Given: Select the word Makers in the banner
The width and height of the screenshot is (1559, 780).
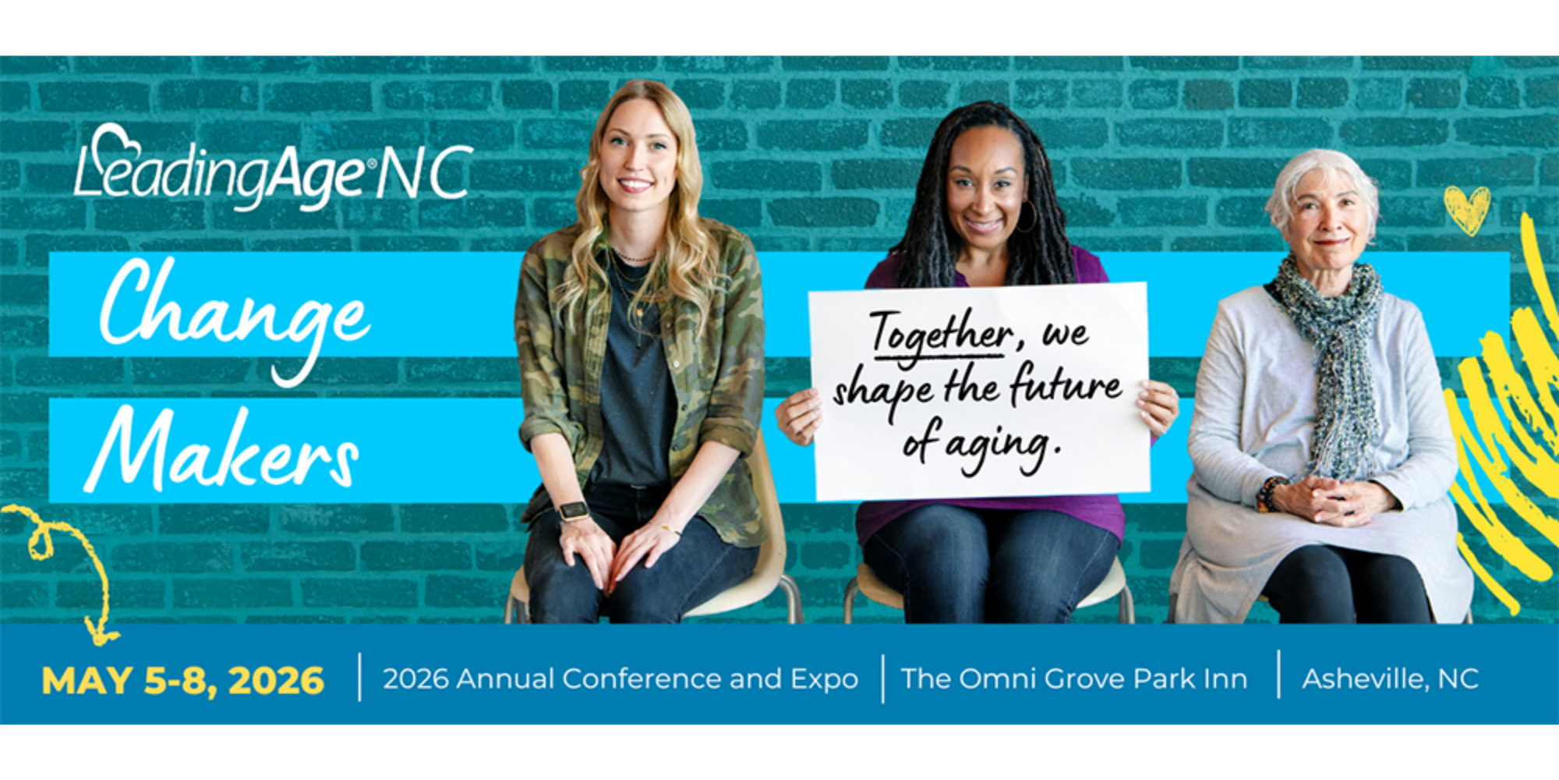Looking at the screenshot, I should (222, 452).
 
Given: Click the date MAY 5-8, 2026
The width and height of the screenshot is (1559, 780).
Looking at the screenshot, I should (182, 681).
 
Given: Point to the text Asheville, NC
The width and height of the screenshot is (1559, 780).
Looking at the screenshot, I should (1390, 679).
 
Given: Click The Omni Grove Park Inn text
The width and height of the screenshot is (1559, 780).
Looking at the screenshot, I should (1073, 679).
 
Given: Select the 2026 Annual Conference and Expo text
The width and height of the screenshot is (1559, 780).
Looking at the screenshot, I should (620, 679).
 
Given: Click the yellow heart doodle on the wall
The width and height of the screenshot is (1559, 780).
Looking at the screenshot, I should (1466, 209).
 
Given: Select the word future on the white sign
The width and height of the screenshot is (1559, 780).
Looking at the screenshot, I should (1066, 386).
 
